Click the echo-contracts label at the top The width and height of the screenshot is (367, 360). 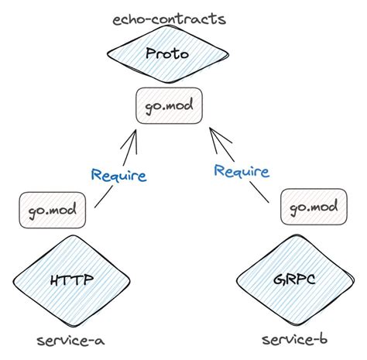click(169, 17)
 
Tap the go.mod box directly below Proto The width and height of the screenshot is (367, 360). click(169, 104)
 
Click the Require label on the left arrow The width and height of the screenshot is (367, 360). click(118, 175)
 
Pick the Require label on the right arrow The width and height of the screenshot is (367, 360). click(242, 171)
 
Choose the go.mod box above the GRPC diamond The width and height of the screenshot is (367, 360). click(314, 207)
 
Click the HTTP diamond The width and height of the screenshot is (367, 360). click(70, 279)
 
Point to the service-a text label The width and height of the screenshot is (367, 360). click(70, 341)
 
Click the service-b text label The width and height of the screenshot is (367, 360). click(293, 341)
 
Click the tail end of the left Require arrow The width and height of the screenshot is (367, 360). click(95, 207)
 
